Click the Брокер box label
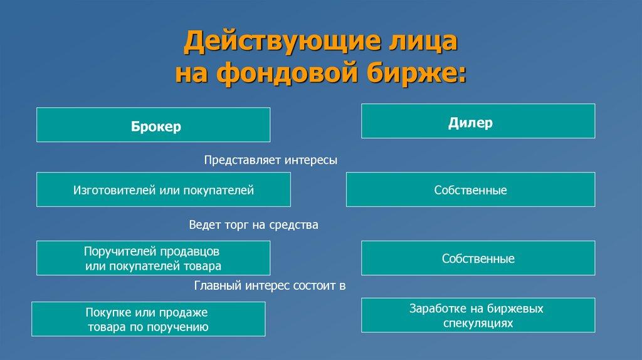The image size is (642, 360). coord(155,126)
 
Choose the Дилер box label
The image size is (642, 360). coord(470,122)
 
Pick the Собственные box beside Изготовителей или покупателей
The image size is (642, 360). coord(470,189)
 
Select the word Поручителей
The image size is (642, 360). coord(120,251)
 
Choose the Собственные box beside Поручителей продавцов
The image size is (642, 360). coord(478,258)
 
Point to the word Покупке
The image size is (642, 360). coord(108,312)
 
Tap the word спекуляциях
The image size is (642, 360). coord(478,323)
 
